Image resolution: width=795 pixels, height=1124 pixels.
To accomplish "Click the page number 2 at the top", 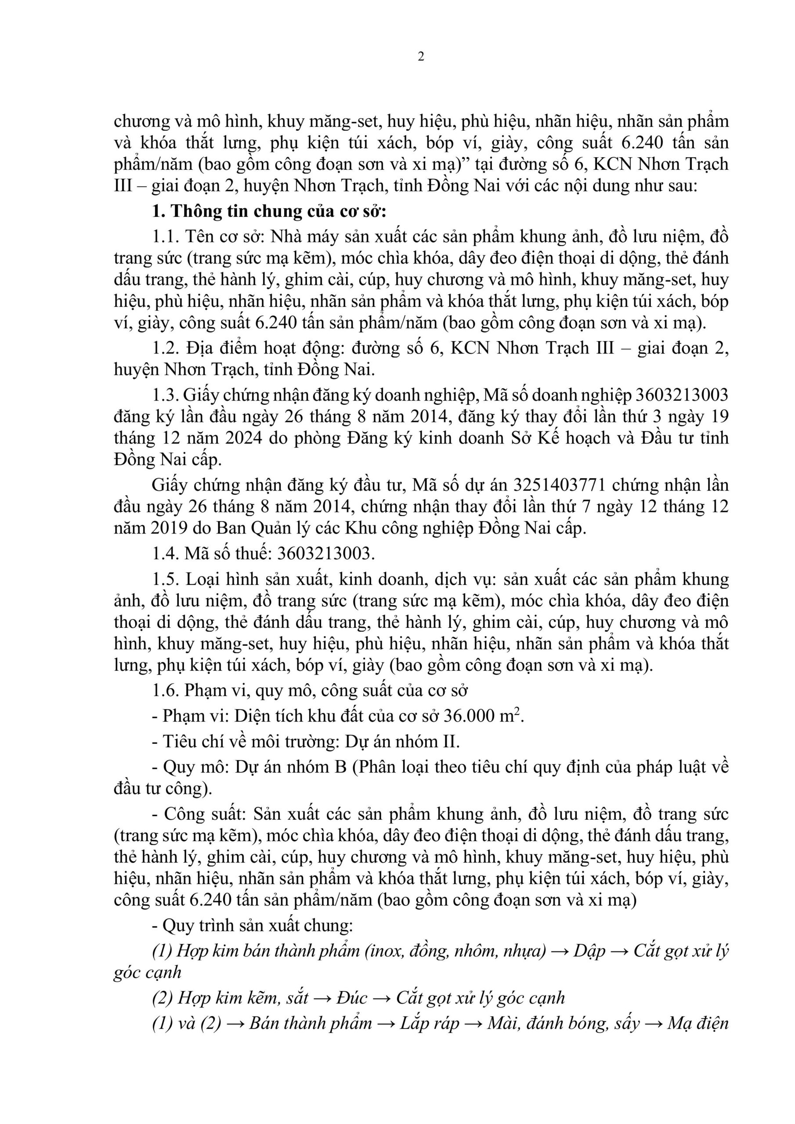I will [421, 57].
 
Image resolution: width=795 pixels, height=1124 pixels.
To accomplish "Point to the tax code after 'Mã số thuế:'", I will [325, 554].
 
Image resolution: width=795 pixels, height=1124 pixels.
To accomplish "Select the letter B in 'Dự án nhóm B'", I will [340, 767].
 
